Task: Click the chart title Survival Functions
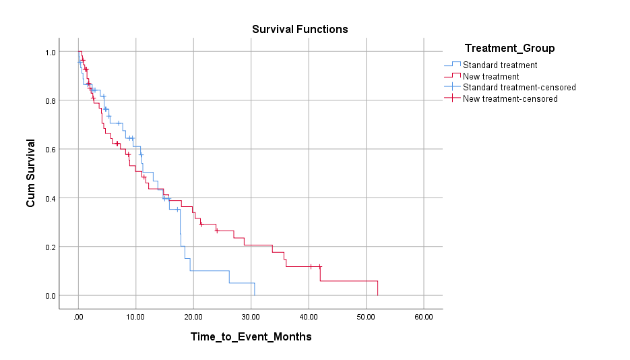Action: point(300,29)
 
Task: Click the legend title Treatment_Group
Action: point(509,48)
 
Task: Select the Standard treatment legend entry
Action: point(500,65)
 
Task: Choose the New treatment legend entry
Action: point(491,76)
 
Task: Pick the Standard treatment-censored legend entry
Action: point(519,87)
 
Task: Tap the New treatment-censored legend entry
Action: point(510,98)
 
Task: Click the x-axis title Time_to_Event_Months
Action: point(251,336)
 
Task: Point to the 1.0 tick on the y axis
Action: point(50,52)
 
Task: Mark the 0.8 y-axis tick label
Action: point(50,100)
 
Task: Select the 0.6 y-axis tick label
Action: point(50,149)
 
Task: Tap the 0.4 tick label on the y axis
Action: point(50,198)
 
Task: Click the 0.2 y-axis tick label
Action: point(50,247)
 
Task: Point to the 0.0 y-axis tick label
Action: point(50,295)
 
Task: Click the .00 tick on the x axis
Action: point(78,316)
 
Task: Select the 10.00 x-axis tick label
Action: point(135,316)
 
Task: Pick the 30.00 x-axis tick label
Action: point(251,316)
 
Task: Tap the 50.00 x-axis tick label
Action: point(366,316)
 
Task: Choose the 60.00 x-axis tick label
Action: point(423,316)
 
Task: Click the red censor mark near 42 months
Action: point(320,266)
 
